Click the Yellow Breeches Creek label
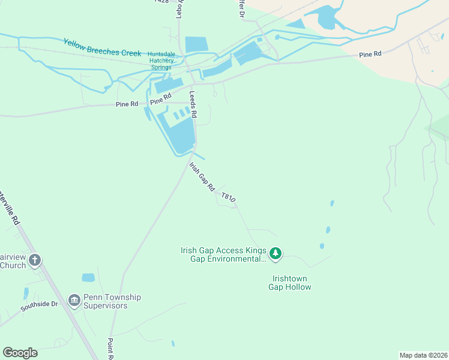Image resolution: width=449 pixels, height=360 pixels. click(x=102, y=47)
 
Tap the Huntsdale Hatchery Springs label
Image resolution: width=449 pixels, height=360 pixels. click(x=161, y=61)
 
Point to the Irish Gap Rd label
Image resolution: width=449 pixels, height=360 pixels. click(x=202, y=176)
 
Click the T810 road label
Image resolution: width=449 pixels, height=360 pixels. click(x=229, y=197)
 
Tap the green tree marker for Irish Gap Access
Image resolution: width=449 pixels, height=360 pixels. click(x=276, y=254)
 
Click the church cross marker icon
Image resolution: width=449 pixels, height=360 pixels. click(x=35, y=260)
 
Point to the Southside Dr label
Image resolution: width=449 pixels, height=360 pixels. click(x=39, y=305)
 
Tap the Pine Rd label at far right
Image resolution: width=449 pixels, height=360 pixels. click(x=370, y=55)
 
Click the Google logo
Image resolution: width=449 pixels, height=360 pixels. click(x=20, y=353)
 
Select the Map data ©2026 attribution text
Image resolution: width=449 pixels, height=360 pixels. click(x=423, y=355)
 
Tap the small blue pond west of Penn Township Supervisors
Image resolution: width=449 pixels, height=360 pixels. click(x=88, y=278)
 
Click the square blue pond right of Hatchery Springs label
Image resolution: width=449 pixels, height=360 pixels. click(x=196, y=44)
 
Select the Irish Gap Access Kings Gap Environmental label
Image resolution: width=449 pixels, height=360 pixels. click(x=223, y=255)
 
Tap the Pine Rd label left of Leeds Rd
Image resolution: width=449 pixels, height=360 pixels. click(x=127, y=104)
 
